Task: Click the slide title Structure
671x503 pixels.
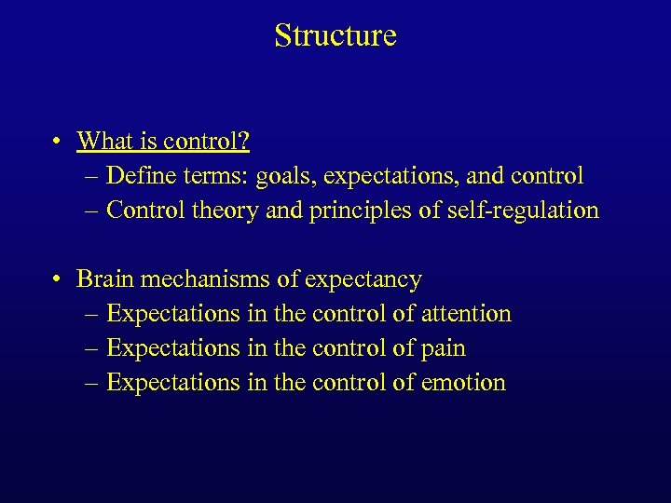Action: tap(335, 35)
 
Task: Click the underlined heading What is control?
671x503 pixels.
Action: tap(163, 142)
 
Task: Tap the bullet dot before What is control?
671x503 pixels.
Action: tap(58, 142)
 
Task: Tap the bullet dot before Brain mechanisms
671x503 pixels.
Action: tap(58, 279)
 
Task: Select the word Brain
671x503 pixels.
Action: tap(105, 279)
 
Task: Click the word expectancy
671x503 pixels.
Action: tap(365, 279)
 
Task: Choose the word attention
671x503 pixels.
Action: tap(466, 314)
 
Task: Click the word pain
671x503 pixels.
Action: tap(443, 348)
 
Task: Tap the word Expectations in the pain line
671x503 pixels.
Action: tap(173, 348)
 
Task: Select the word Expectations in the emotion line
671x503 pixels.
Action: tap(173, 383)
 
